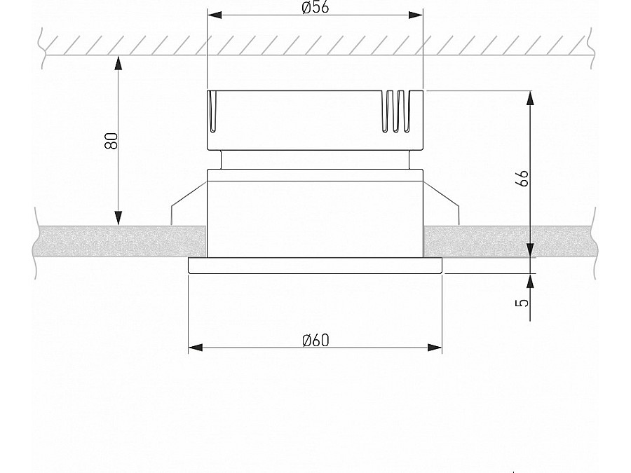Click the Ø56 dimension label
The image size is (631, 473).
(x=315, y=8)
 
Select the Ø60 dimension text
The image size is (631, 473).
(x=315, y=341)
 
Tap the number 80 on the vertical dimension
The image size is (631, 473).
(x=110, y=139)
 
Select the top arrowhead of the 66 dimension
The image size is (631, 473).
(x=531, y=98)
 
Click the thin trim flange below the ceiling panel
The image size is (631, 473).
(x=315, y=265)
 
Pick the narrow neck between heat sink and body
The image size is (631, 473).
(x=315, y=160)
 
